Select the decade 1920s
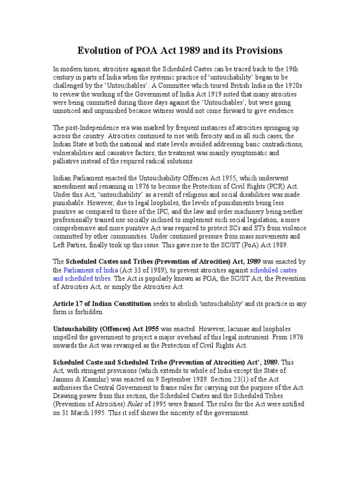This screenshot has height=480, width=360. pyautogui.click(x=295, y=86)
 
